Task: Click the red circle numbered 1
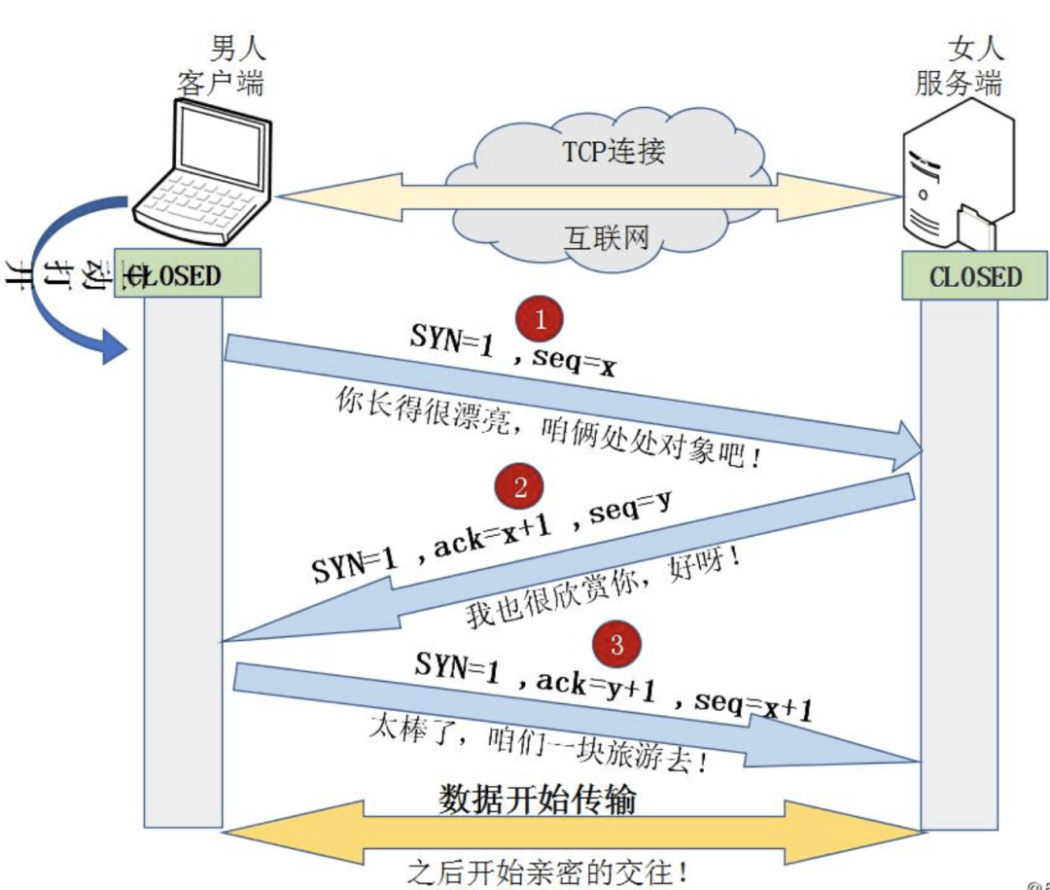[x=541, y=319]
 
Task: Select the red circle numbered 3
[x=616, y=643]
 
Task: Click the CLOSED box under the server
[x=975, y=276]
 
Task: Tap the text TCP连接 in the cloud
[x=613, y=153]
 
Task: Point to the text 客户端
[x=221, y=82]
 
